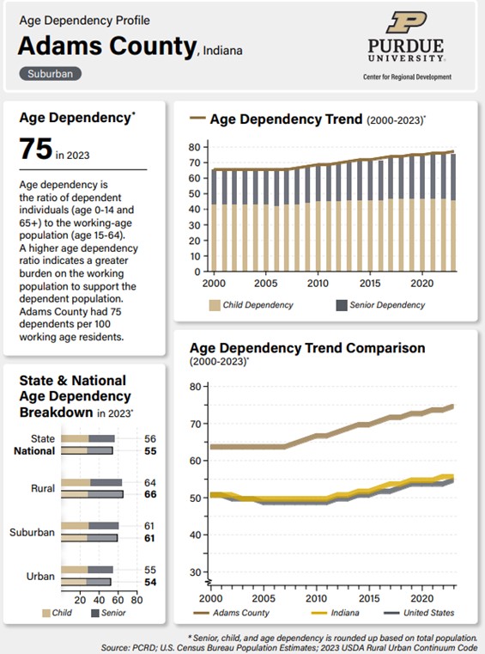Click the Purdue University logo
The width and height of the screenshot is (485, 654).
click(x=407, y=45)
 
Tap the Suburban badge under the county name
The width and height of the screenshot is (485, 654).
click(x=50, y=74)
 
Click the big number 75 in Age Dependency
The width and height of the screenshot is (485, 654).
click(x=36, y=149)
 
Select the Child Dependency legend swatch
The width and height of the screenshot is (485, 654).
click(x=215, y=305)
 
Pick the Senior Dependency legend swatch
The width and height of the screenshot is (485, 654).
click(x=342, y=305)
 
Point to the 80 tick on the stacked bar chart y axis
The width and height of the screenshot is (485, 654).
click(x=194, y=147)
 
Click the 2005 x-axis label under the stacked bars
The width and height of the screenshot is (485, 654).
click(x=266, y=284)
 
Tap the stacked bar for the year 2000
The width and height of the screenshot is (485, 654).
click(x=214, y=220)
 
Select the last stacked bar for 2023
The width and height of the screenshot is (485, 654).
click(x=453, y=213)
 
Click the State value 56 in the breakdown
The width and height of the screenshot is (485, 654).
click(x=150, y=439)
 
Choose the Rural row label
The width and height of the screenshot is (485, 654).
click(x=43, y=488)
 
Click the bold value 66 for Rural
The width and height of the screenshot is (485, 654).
click(x=150, y=494)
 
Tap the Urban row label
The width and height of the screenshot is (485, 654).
click(x=40, y=576)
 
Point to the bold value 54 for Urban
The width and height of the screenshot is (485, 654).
click(x=150, y=582)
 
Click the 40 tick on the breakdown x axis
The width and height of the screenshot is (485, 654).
click(x=100, y=600)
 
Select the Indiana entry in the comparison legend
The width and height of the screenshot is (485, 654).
click(x=336, y=613)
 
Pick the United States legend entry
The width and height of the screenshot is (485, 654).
click(x=419, y=613)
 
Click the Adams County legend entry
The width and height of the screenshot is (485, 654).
click(x=231, y=613)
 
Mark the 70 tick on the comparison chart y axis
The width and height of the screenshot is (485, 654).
click(x=196, y=424)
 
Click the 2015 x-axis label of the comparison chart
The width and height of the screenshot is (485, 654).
click(x=369, y=598)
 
